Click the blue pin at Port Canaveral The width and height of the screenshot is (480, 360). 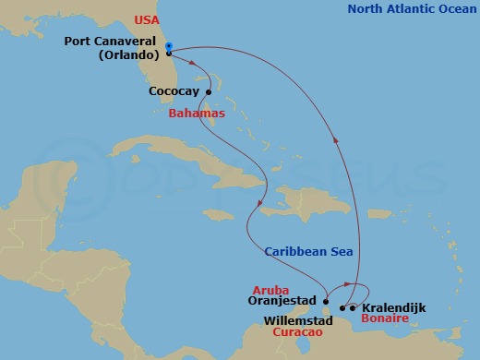167,48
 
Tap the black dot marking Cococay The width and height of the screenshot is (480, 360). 209,91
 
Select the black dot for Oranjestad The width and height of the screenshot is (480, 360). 326,299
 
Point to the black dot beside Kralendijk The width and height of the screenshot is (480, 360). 353,307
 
